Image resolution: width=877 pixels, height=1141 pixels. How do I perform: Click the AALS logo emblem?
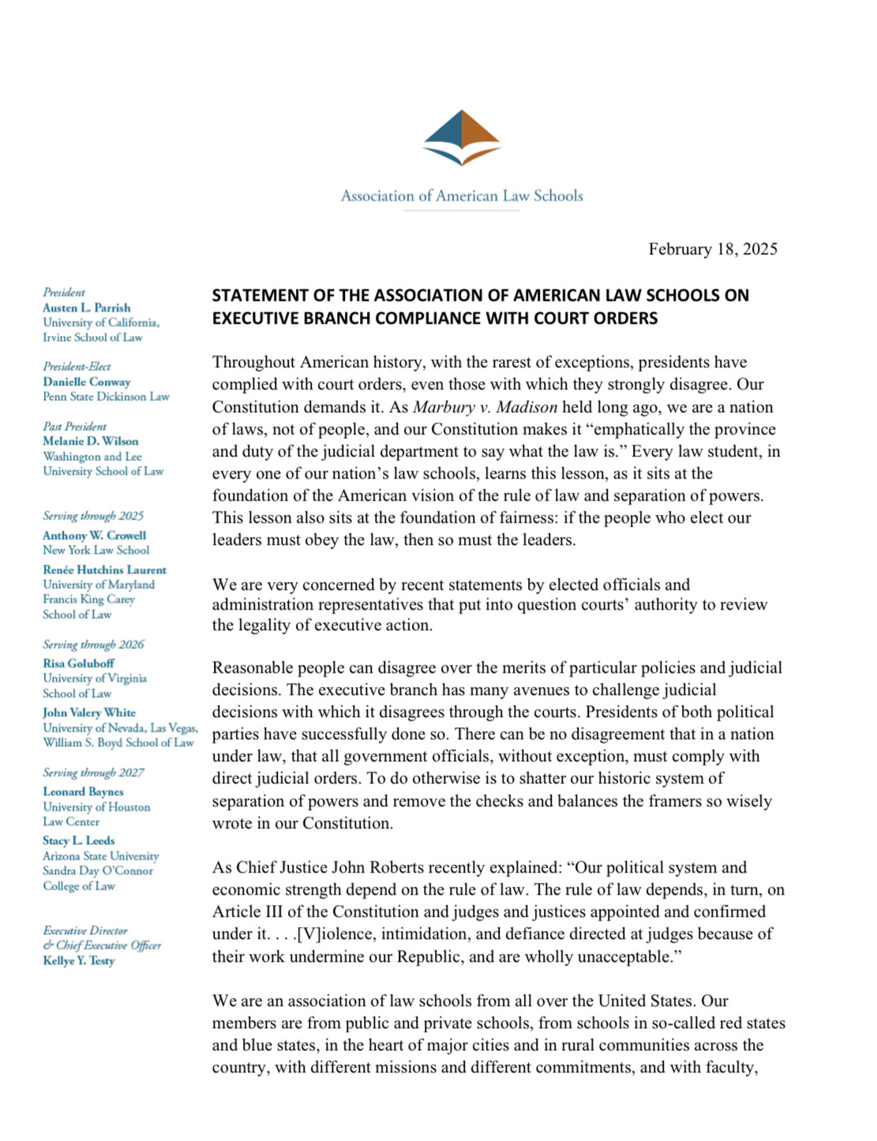462,137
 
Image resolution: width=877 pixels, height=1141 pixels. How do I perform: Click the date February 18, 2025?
713,250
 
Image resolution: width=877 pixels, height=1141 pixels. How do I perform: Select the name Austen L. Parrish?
87,308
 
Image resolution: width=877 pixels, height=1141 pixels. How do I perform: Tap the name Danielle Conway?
87,382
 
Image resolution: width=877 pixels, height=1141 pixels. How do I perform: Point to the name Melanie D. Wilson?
91,441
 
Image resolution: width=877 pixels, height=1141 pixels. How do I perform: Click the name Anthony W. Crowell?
95,535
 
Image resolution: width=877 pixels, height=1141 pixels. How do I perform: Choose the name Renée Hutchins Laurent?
105,570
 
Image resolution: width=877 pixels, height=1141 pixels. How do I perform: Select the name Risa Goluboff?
79,663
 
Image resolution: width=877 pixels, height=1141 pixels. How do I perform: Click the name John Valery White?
89,712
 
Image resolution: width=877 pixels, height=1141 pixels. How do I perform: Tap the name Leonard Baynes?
84,792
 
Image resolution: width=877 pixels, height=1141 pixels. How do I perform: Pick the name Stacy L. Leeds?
79,841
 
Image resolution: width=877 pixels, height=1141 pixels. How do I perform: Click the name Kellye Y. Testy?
79,961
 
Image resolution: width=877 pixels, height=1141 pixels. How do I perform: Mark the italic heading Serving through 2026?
94,644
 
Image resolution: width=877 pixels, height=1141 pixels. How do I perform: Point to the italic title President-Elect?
77,366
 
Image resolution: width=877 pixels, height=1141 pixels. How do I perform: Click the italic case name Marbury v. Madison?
485,407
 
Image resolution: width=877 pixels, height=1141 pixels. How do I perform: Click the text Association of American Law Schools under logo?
462,196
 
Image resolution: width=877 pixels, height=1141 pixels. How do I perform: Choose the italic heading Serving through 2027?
94,773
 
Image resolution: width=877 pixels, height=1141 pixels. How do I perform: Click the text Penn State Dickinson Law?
107,397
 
